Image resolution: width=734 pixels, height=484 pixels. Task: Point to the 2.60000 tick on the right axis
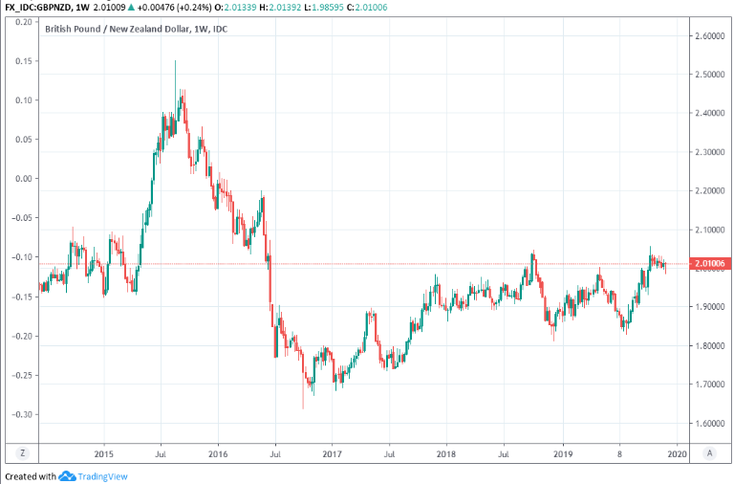tap(705, 36)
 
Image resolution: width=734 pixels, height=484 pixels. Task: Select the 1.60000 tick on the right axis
tap(705, 424)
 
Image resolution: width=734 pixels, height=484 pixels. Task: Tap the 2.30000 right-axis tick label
tap(705, 152)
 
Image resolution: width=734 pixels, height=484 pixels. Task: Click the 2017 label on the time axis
tap(332, 455)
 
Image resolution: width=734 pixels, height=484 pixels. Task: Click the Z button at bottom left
tap(21, 454)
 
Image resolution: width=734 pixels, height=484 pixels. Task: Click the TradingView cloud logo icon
tap(67, 476)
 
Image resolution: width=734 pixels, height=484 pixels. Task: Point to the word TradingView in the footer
tap(103, 476)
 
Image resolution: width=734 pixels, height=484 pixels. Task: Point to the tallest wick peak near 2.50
tap(175, 62)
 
